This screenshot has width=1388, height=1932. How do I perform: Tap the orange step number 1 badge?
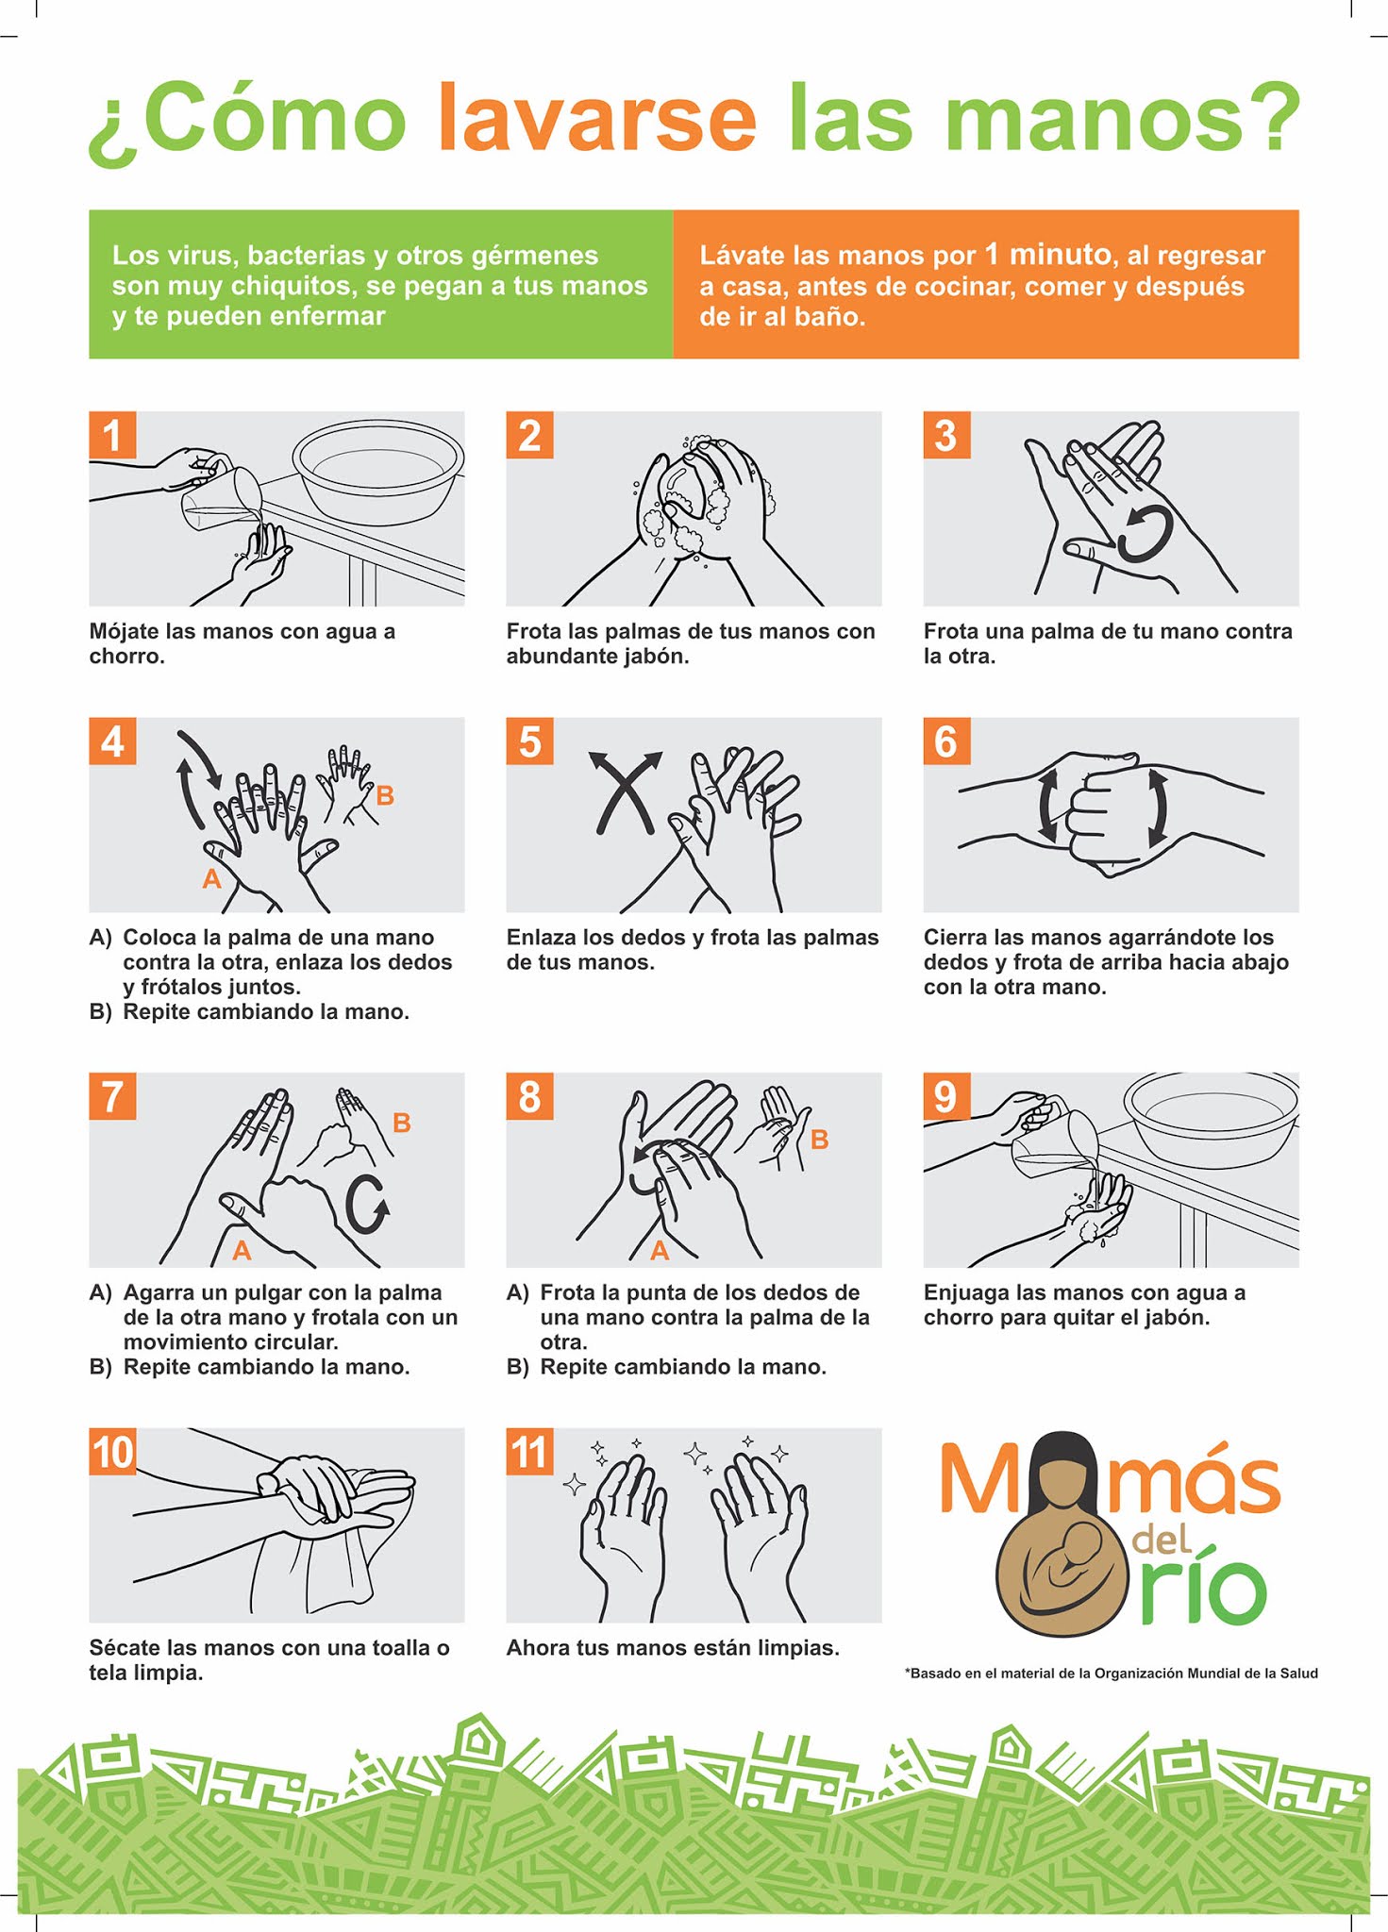(112, 435)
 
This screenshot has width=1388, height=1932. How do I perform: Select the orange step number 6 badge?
(946, 741)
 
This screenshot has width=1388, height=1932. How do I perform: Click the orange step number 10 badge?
(112, 1451)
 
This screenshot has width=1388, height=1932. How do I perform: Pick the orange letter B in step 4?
(385, 795)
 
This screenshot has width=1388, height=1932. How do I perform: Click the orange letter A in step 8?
(660, 1251)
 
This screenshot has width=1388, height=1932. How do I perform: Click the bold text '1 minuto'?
(1047, 254)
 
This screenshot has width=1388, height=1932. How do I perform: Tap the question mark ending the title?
(1268, 118)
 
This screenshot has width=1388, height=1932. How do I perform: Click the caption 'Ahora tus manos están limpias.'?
(673, 1648)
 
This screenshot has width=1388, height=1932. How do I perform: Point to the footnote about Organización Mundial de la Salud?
(1112, 1673)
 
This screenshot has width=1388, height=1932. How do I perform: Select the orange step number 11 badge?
(529, 1451)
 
